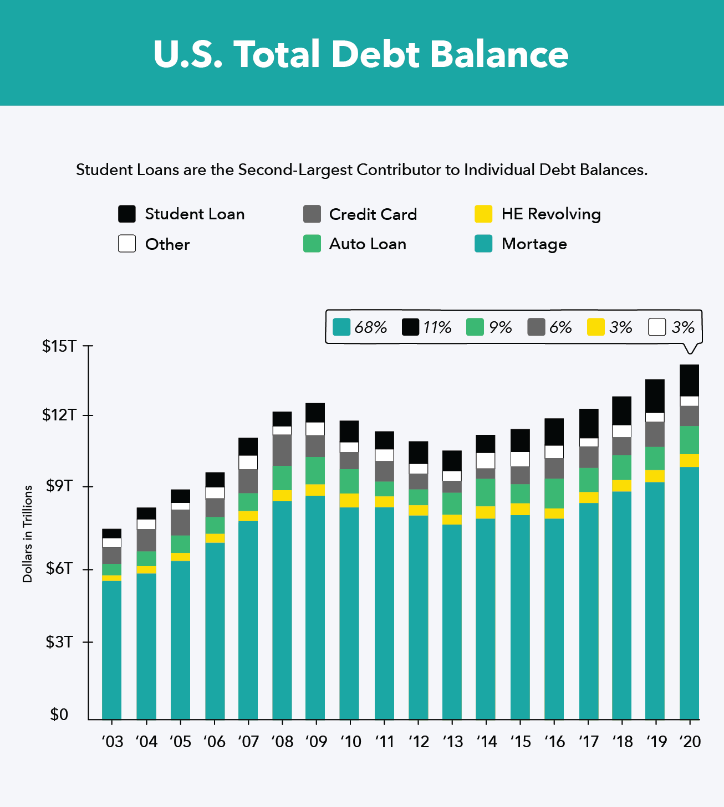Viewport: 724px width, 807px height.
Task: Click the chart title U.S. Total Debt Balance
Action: pyautogui.click(x=361, y=54)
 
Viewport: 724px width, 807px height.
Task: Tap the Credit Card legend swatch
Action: pyautogui.click(x=312, y=214)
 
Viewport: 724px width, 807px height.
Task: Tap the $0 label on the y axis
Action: pyautogui.click(x=59, y=715)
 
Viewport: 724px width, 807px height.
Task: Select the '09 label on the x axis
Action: pyautogui.click(x=316, y=742)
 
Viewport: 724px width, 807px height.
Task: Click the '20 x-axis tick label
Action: pyautogui.click(x=690, y=742)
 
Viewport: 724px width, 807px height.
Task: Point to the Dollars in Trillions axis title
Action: pyautogui.click(x=28, y=534)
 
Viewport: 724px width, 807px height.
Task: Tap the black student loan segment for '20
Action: pyautogui.click(x=689, y=381)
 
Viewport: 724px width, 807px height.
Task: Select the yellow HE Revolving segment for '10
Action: pyautogui.click(x=349, y=500)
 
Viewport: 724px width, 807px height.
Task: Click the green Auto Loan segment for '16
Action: pyautogui.click(x=554, y=493)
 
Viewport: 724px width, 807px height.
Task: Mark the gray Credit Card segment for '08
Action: pyautogui.click(x=282, y=450)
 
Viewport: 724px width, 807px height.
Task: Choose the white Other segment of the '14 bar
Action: pyautogui.click(x=486, y=460)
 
